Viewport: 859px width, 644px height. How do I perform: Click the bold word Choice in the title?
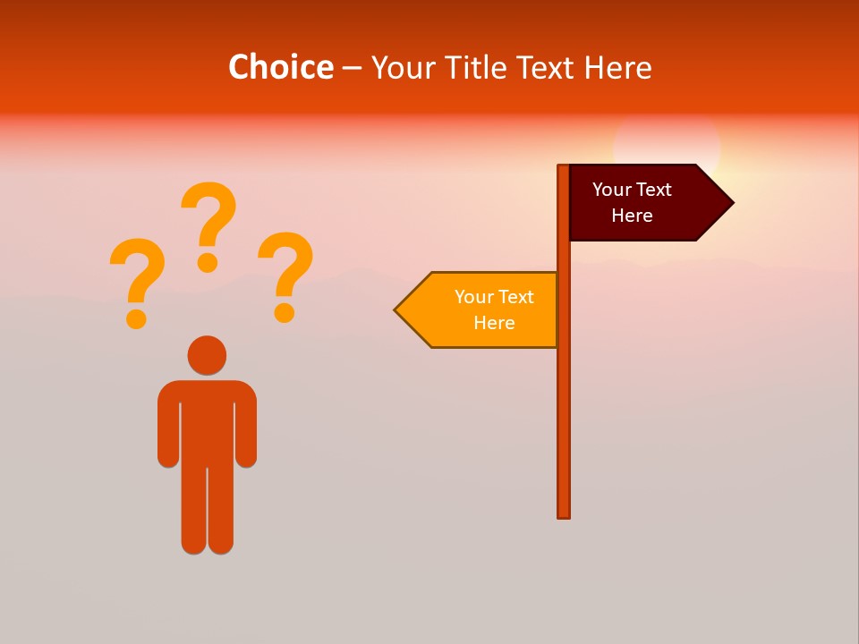point(280,67)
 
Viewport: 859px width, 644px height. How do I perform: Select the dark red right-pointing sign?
point(640,202)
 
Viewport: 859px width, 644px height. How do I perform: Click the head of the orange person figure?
point(207,355)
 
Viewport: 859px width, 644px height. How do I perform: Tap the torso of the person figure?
point(207,420)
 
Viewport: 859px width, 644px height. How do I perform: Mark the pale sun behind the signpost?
point(667,143)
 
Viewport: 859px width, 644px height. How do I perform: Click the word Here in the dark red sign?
point(632,216)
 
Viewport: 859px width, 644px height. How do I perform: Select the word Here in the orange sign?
point(494,323)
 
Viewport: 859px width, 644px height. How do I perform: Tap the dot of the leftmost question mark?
point(136,318)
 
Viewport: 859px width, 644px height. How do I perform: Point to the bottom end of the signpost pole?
point(564,514)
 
